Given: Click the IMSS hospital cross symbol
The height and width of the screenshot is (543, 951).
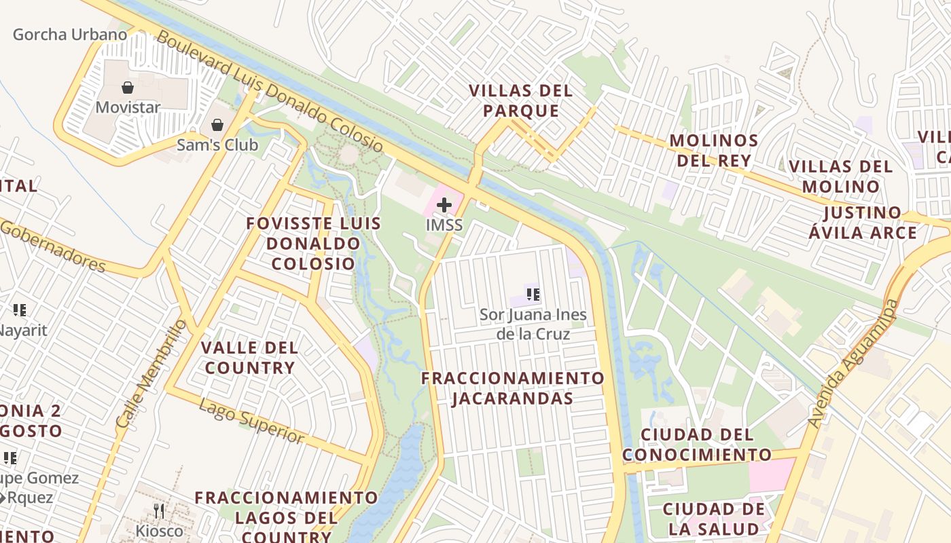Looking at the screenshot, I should pyautogui.click(x=444, y=204).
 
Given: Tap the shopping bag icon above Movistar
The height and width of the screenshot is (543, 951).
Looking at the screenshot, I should pyautogui.click(x=127, y=88).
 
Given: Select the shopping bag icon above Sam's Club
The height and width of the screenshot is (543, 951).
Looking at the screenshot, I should pyautogui.click(x=217, y=125).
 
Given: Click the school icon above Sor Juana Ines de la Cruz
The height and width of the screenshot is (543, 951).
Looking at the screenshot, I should pyautogui.click(x=533, y=295).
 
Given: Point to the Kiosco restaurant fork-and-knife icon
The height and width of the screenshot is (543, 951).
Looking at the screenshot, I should pyautogui.click(x=160, y=511).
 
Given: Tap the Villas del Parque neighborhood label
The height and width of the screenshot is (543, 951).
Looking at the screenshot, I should pyautogui.click(x=521, y=100).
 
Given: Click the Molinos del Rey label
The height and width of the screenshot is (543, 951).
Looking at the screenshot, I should pyautogui.click(x=713, y=150).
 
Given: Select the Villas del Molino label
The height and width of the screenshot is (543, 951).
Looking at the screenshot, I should pyautogui.click(x=840, y=176).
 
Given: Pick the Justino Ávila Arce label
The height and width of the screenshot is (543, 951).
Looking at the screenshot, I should pyautogui.click(x=862, y=223).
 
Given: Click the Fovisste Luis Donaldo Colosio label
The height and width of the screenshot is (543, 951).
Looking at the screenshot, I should pyautogui.click(x=313, y=243).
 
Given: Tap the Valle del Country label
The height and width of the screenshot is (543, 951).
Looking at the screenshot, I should pyautogui.click(x=249, y=358).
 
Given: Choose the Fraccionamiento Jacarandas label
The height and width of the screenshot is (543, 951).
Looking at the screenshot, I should pyautogui.click(x=513, y=388).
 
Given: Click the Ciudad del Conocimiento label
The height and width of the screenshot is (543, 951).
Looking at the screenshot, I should pyautogui.click(x=697, y=445).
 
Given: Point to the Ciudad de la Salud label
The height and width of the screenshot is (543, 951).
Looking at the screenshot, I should pyautogui.click(x=713, y=519).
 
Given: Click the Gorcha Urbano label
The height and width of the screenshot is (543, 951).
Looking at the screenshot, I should pyautogui.click(x=69, y=34).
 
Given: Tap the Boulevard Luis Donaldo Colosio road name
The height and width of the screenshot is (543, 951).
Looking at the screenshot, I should pyautogui.click(x=270, y=90).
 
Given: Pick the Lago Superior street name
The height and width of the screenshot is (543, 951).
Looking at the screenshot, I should pyautogui.click(x=252, y=421).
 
